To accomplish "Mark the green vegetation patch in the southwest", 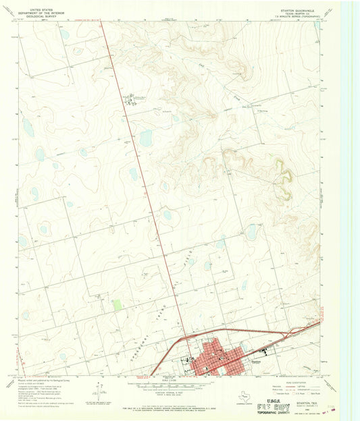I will (x=118, y=305).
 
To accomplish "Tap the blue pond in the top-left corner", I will (x=64, y=34).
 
